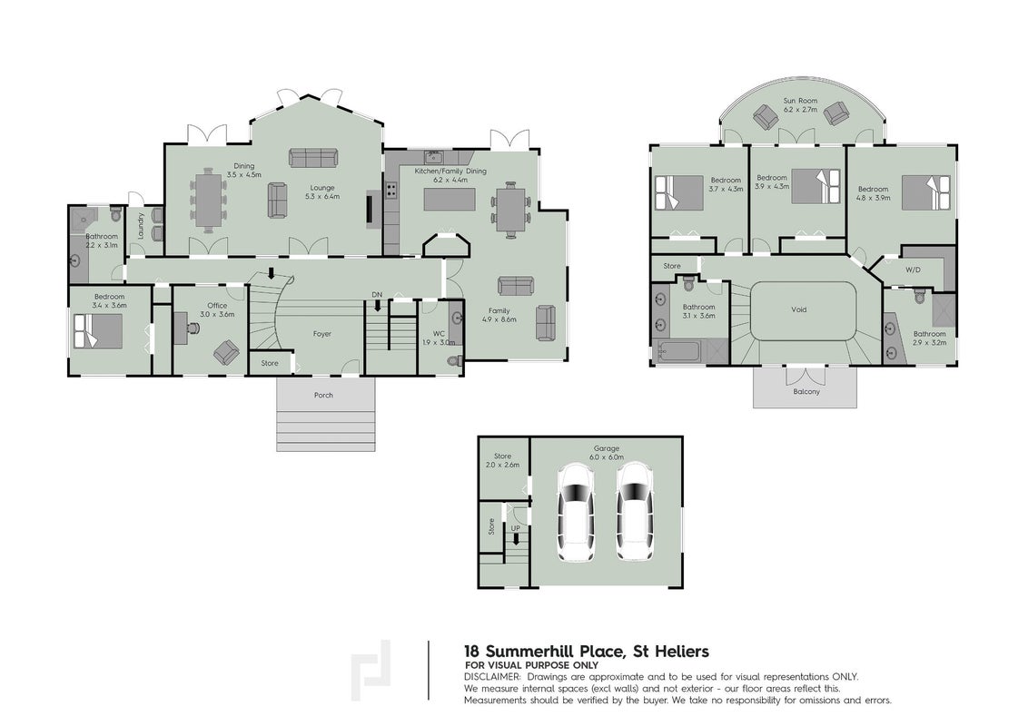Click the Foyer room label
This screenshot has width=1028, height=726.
(x=321, y=334)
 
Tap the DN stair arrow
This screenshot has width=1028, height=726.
(x=377, y=305)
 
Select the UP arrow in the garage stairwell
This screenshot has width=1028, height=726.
(x=516, y=539)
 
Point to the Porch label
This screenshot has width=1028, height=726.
(x=323, y=395)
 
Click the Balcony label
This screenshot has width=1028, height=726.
(x=806, y=391)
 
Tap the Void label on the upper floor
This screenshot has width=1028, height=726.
(x=798, y=309)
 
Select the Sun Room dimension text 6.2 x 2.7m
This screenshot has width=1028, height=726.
(x=800, y=110)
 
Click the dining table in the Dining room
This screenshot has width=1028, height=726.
(x=209, y=199)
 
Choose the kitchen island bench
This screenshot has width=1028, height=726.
(x=450, y=199)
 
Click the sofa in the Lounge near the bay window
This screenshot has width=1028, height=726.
(x=313, y=157)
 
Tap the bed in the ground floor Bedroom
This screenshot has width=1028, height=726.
(x=98, y=331)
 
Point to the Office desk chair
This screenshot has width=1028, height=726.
(x=226, y=352)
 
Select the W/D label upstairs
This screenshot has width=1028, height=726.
(x=913, y=270)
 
